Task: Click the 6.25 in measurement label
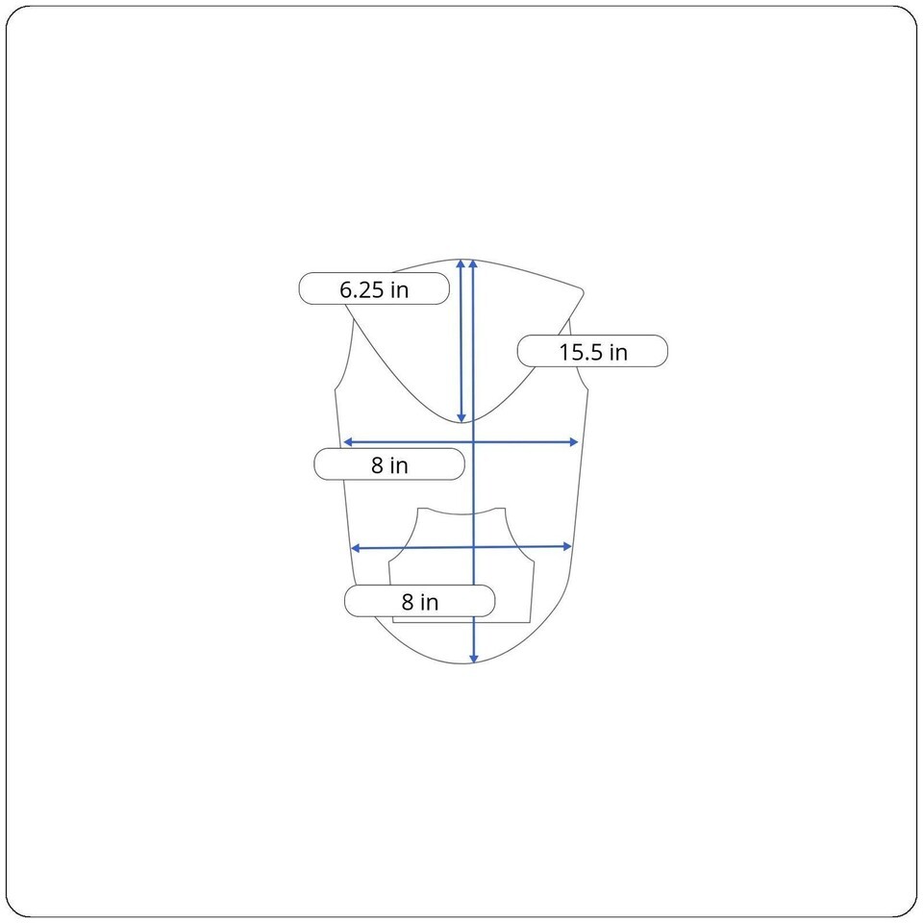tap(374, 288)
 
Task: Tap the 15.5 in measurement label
tap(593, 352)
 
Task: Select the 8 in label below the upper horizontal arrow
tap(389, 464)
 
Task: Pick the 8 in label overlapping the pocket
tap(420, 601)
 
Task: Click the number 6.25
tap(362, 289)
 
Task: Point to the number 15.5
tap(581, 352)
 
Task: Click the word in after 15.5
tap(618, 352)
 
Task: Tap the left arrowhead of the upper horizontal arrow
tap(347, 442)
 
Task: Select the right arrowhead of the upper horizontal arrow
tap(575, 442)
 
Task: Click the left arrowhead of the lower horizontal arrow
tap(355, 549)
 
